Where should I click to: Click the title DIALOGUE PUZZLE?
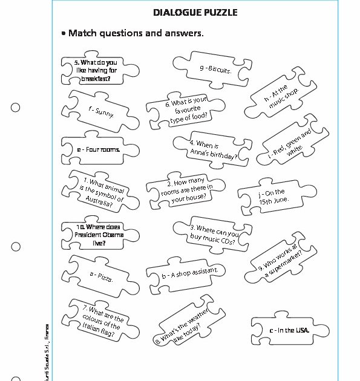coord(195,12)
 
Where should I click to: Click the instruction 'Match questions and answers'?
coord(136,33)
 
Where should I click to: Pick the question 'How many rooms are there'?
coord(186,192)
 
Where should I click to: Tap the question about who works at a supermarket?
coord(281,259)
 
